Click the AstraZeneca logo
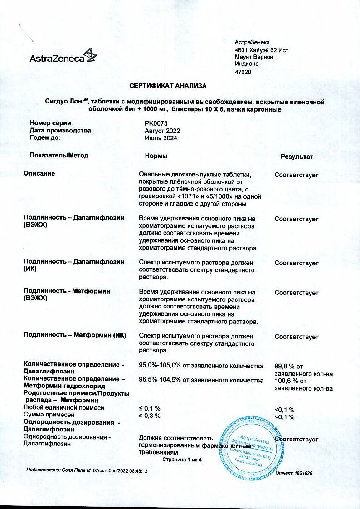click(63, 56)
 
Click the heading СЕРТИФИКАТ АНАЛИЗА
click(168, 86)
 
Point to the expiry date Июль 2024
click(161, 138)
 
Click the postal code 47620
click(243, 72)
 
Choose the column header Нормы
click(156, 156)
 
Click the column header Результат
click(297, 157)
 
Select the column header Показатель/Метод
click(59, 155)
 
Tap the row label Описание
click(39, 173)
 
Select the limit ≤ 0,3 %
click(149, 415)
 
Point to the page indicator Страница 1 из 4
click(181, 460)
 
